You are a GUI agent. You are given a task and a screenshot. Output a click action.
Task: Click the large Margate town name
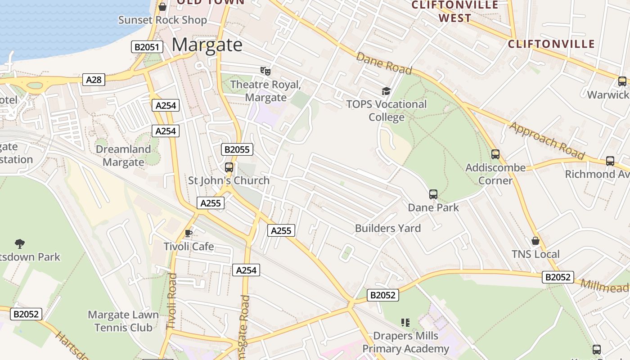point(207,45)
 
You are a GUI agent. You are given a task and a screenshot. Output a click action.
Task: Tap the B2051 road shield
point(147,47)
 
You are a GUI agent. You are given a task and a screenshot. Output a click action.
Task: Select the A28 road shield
point(94,80)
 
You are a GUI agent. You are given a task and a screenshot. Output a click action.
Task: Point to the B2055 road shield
point(237,149)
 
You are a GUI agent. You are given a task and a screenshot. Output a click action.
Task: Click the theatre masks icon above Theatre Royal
point(265,71)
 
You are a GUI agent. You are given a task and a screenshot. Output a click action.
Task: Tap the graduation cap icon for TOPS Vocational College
point(386,91)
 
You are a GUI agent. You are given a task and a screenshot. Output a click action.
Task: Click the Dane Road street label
point(384,63)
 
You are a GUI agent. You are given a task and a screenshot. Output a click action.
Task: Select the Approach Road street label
point(546,140)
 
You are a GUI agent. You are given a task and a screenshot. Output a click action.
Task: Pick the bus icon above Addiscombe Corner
point(495,154)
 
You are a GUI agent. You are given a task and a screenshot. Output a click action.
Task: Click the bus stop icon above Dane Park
point(433,194)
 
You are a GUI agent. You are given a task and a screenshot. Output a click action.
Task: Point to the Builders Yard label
point(388,228)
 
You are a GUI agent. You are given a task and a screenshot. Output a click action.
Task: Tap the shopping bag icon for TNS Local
point(535,241)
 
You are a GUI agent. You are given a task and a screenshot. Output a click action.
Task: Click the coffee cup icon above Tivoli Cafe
point(189,233)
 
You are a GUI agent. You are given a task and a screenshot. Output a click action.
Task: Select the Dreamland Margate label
point(123,156)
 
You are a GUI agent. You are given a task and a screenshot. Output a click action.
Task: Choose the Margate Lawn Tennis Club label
point(123,321)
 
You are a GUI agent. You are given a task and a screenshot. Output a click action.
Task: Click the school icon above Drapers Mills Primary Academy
point(405,323)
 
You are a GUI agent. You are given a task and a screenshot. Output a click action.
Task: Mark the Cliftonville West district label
point(455,12)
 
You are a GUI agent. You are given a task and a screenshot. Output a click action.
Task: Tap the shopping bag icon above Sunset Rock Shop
point(162,7)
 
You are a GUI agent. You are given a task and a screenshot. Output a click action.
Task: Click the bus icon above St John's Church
point(229,167)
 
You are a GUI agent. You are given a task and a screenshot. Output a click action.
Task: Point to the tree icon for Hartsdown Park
point(19,244)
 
